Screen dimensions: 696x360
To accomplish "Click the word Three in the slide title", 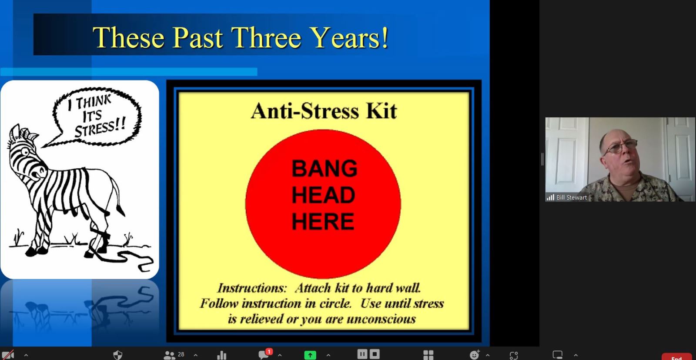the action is [x=266, y=37].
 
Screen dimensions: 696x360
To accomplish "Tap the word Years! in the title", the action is [x=350, y=37].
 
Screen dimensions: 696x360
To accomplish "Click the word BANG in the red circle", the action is [x=325, y=168].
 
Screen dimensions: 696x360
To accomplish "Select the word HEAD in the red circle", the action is [x=323, y=195].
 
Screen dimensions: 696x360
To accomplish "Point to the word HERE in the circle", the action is [x=323, y=221].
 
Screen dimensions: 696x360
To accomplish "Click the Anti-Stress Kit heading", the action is [x=324, y=111].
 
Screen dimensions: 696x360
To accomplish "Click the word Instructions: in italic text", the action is [x=252, y=288].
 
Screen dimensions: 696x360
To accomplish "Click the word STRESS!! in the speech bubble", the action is [x=100, y=129].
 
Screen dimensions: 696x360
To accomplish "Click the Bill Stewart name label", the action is [x=572, y=197].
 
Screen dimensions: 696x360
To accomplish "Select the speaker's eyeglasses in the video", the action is [x=620, y=147].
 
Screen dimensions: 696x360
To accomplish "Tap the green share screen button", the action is [x=310, y=355].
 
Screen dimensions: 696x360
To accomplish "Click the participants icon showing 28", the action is [x=174, y=355].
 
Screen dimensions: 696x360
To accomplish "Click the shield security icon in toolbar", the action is [x=118, y=355].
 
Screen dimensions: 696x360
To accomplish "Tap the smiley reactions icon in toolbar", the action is [x=474, y=355].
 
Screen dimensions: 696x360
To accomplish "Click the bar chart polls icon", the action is [x=221, y=355].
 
